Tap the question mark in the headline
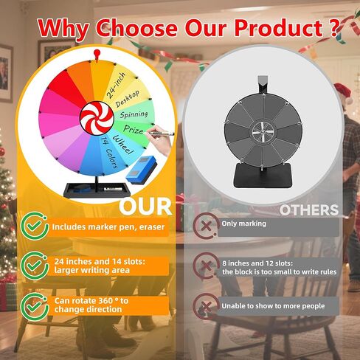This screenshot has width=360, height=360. (x=333, y=27)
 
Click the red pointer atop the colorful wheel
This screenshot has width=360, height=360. (x=97, y=55)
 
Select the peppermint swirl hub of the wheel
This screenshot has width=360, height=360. (x=97, y=118)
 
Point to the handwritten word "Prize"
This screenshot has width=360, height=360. (x=134, y=130)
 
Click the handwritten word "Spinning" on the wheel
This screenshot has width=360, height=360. (x=134, y=114)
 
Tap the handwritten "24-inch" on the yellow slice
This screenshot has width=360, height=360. (x=116, y=86)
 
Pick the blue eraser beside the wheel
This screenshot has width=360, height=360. (x=142, y=167)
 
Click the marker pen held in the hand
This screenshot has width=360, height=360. (x=160, y=134)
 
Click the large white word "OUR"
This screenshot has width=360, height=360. (x=145, y=207)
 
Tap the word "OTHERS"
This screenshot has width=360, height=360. (x=309, y=210)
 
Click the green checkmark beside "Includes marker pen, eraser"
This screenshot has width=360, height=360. (x=34, y=226)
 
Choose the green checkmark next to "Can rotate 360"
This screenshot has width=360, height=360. (x=34, y=306)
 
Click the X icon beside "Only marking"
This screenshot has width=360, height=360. (x=206, y=226)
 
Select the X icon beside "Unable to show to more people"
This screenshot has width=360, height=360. (x=206, y=306)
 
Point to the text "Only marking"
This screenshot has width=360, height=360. (x=243, y=224)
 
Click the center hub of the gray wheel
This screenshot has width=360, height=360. (x=263, y=132)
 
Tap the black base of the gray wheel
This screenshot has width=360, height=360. (x=263, y=176)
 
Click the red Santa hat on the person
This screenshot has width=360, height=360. (x=342, y=91)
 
